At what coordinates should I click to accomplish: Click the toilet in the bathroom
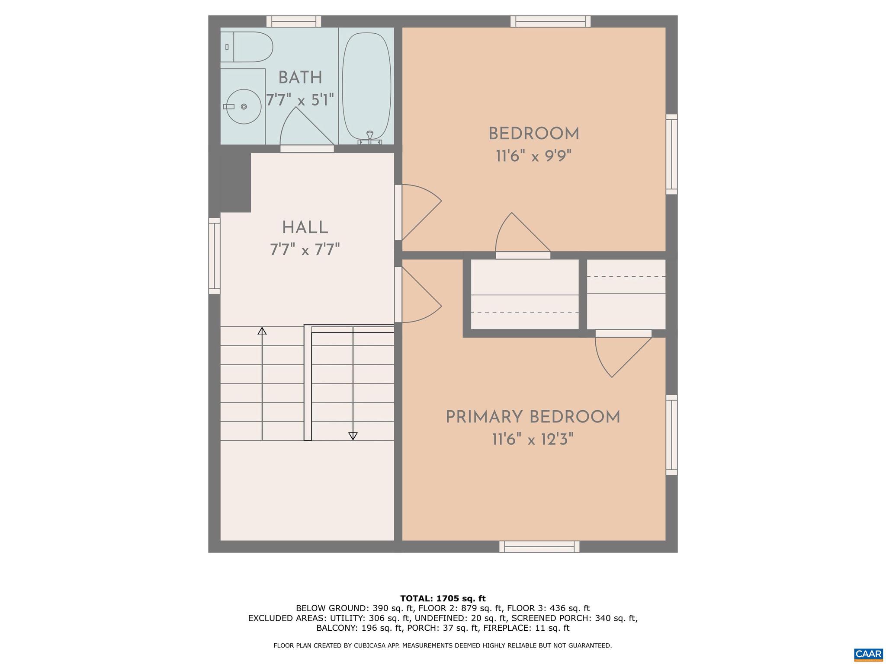[248, 47]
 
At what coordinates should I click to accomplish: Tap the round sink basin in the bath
[244, 106]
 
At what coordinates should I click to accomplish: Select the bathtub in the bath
[366, 85]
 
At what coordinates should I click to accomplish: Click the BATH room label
[300, 78]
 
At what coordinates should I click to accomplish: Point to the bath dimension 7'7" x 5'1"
[300, 100]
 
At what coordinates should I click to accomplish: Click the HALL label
[305, 228]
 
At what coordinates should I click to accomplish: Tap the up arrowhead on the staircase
[262, 331]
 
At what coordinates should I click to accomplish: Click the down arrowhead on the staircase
[353, 436]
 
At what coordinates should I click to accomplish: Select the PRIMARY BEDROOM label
[533, 418]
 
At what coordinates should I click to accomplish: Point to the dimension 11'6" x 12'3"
[533, 440]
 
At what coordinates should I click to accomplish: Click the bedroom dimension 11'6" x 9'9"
[534, 156]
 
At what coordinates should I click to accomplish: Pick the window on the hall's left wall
[215, 256]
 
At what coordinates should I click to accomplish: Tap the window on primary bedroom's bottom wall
[539, 547]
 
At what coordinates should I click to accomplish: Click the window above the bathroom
[294, 21]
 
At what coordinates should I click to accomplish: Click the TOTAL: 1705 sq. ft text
[443, 599]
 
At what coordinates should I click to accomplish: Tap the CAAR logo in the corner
[868, 654]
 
